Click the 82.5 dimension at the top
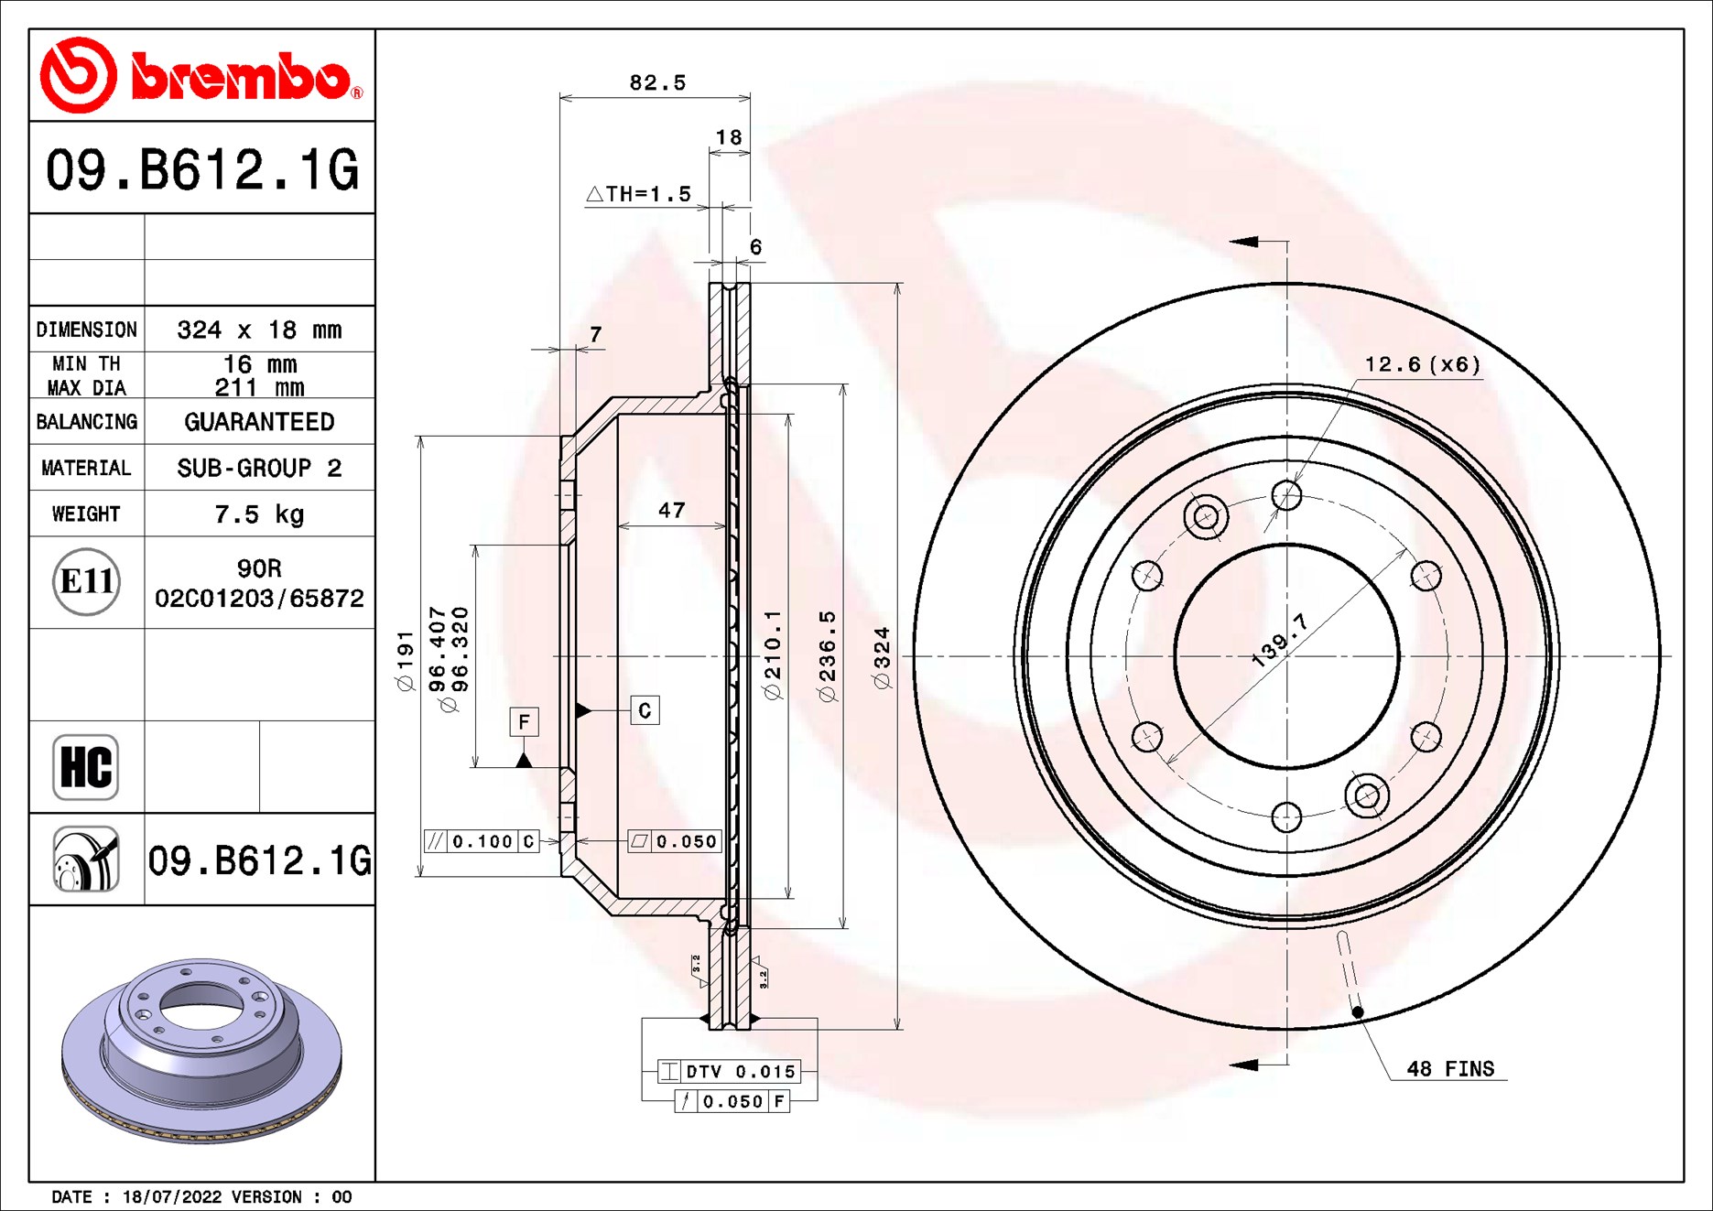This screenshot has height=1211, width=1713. [x=657, y=83]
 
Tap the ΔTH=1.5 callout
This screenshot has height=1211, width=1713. [x=639, y=194]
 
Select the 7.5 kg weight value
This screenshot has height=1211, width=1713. [x=259, y=514]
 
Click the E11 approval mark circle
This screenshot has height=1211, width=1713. [x=86, y=581]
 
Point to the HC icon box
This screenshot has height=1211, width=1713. [x=86, y=767]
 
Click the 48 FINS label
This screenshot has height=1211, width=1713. [x=1449, y=1069]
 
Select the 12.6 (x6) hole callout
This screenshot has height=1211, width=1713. [x=1422, y=365]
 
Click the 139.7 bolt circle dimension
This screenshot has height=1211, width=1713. [x=1279, y=640]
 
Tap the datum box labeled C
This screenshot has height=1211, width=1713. [x=645, y=710]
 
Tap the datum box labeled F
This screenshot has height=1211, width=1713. [x=524, y=721]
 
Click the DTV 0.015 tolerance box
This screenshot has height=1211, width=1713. [x=730, y=1072]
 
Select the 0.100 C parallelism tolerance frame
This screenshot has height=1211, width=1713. [x=482, y=841]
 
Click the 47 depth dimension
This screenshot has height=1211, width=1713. [x=671, y=511]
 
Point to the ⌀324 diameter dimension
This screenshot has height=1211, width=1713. [x=882, y=657]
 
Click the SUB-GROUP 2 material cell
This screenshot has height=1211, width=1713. [x=259, y=468]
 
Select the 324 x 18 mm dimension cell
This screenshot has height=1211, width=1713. [x=259, y=330]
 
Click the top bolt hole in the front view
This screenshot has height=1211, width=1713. [x=1286, y=496]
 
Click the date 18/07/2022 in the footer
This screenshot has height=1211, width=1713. [x=171, y=1196]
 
